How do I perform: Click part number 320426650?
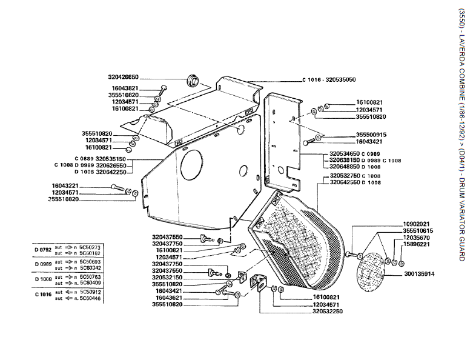click(124, 77)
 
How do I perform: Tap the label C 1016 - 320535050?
click(329, 79)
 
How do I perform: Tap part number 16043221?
click(65, 185)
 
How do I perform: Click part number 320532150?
click(167, 278)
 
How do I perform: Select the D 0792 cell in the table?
click(42, 248)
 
